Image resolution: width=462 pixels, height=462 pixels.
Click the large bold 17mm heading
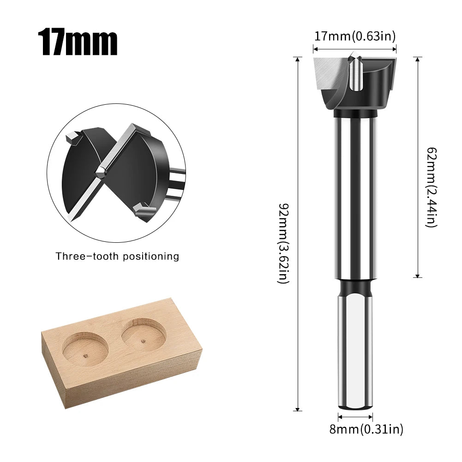[78, 42]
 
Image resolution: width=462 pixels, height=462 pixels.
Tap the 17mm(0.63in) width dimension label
[355, 36]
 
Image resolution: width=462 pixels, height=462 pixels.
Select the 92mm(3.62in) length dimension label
[284, 243]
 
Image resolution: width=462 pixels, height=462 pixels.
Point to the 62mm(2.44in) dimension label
[432, 187]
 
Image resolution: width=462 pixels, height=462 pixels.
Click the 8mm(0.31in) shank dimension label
[366, 429]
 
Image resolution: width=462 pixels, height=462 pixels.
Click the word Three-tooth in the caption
[87, 256]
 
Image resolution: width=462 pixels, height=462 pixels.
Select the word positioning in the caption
[151, 256]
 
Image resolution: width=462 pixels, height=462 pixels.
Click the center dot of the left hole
[85, 355]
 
